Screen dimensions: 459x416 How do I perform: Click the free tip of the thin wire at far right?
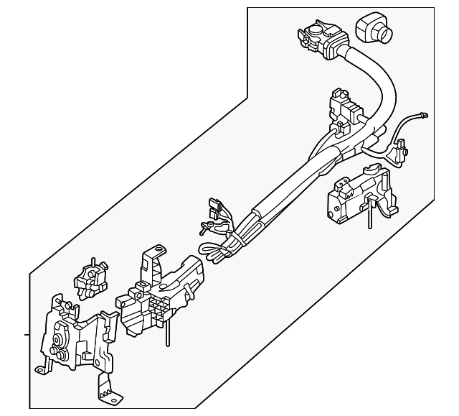click(x=426, y=113)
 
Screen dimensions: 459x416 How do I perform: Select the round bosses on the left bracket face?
click(x=57, y=344)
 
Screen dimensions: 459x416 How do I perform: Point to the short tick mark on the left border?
click(x=27, y=334)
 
